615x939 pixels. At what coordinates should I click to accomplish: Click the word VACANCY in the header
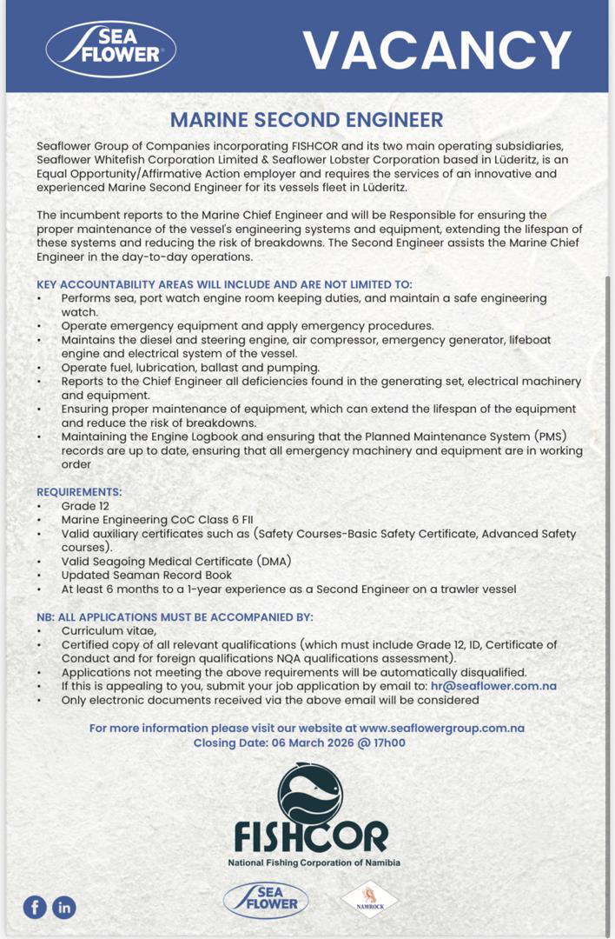(x=437, y=50)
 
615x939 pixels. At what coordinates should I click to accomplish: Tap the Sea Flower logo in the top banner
(x=111, y=49)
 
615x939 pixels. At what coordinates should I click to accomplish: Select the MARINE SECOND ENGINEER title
(x=307, y=120)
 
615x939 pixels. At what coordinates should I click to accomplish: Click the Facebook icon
(x=35, y=908)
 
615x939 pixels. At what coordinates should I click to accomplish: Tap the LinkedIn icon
(x=64, y=908)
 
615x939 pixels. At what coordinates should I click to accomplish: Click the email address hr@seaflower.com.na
(x=493, y=686)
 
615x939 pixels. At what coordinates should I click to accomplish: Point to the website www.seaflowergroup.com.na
(x=441, y=728)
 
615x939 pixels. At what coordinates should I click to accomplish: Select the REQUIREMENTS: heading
(x=79, y=492)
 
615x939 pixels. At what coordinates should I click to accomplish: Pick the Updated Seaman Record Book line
(x=146, y=575)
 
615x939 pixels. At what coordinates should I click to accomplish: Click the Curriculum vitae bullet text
(x=109, y=630)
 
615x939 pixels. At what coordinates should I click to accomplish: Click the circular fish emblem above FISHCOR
(x=310, y=793)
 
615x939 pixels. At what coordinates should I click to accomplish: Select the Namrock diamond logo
(x=369, y=899)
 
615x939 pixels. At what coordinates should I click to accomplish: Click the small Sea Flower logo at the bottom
(x=266, y=900)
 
